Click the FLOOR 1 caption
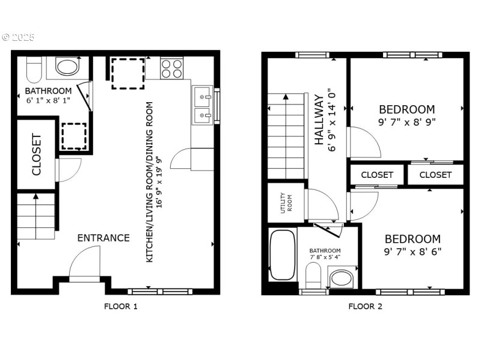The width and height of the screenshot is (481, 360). (x=121, y=306)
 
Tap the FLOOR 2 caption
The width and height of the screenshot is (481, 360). (x=365, y=306)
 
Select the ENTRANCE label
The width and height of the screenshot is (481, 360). (x=103, y=238)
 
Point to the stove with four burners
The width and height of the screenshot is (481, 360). (x=171, y=69)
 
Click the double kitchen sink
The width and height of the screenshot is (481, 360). (x=201, y=104)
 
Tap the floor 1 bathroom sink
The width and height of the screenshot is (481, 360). (x=67, y=66)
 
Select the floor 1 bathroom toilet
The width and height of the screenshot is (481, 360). (x=34, y=69)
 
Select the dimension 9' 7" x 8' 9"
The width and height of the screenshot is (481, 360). (x=406, y=121)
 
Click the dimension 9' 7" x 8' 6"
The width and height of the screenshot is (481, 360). (x=412, y=251)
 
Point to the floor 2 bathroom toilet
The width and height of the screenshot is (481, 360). (x=313, y=276)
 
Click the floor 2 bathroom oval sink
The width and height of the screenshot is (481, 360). (x=342, y=278)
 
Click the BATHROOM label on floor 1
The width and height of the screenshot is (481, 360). (x=48, y=91)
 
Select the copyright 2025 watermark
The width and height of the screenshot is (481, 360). (x=18, y=37)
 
